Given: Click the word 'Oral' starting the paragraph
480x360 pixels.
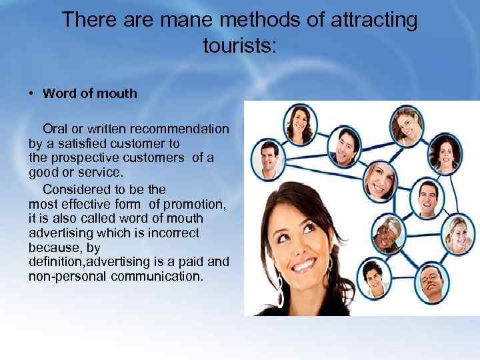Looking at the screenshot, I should point(55,127).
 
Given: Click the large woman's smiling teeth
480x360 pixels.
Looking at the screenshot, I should point(304,265).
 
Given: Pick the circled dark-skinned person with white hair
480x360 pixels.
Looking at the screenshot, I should point(387,235).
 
